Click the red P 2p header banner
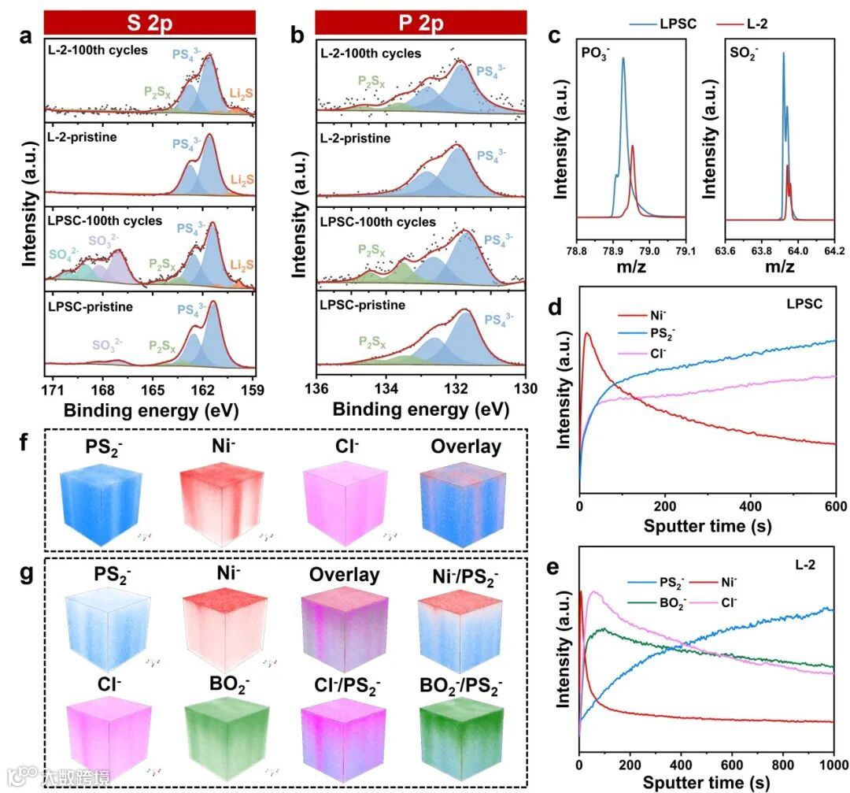coord(419,21)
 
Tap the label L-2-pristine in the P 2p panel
coord(355,138)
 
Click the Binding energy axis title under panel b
coord(420,410)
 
